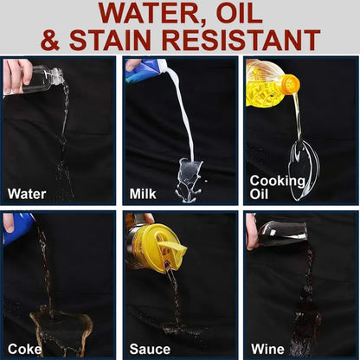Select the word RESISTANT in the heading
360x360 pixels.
[241, 40]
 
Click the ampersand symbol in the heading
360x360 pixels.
[50, 40]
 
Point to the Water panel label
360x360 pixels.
[27, 194]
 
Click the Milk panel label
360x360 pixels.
[143, 194]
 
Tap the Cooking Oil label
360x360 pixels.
[278, 188]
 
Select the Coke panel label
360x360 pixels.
[24, 349]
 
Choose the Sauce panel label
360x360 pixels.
[150, 349]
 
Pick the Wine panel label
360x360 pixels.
[267, 349]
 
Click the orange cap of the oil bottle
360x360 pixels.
[290, 84]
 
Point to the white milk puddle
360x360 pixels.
[189, 180]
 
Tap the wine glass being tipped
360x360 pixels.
[281, 235]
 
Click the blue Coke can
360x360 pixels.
[17, 228]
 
